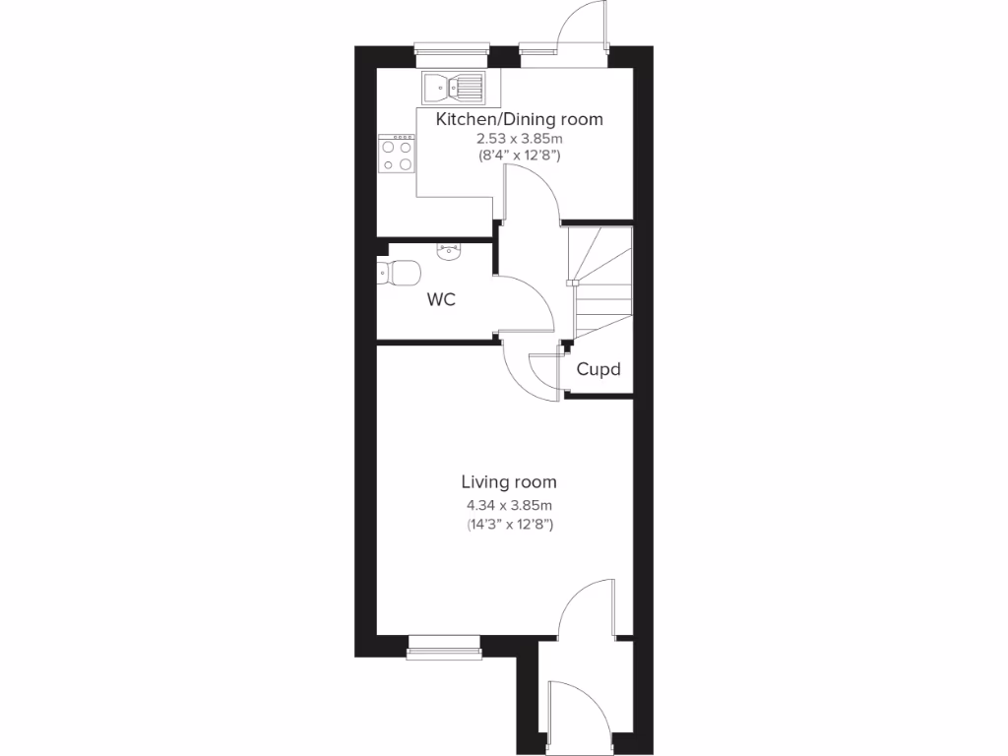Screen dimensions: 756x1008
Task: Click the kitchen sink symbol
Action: (x=454, y=88)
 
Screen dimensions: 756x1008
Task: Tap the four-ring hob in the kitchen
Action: (x=397, y=155)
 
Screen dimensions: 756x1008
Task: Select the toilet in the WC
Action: (x=399, y=272)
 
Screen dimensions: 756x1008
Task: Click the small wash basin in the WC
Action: (x=448, y=251)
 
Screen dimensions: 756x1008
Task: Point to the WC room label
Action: (x=440, y=300)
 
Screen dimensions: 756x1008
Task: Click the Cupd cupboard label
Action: (x=598, y=370)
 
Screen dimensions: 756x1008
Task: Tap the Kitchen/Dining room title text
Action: (x=520, y=119)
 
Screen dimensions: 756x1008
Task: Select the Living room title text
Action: (x=509, y=482)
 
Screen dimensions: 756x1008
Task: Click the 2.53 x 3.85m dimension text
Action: (x=519, y=139)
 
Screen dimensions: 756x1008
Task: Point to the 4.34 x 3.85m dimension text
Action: (x=509, y=505)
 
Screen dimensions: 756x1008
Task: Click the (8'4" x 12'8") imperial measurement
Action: (x=519, y=156)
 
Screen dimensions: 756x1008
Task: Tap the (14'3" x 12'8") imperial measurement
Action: (x=509, y=525)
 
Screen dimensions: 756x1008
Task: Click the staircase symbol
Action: (x=598, y=281)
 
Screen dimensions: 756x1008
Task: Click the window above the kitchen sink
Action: (x=452, y=48)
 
